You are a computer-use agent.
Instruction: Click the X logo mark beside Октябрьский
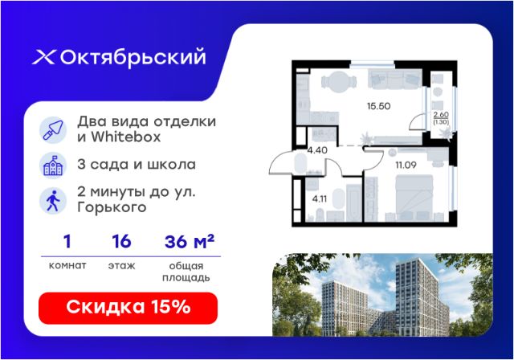(43, 57)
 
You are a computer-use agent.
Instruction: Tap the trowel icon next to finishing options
(53, 130)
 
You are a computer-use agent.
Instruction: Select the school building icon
(53, 166)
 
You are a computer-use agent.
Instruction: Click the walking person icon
(53, 201)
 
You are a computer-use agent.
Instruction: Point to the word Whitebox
(126, 137)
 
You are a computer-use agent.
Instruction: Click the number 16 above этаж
(121, 242)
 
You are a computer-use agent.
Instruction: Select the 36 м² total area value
(190, 242)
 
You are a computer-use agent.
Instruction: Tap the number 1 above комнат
(67, 242)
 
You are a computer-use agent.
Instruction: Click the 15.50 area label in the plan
(378, 106)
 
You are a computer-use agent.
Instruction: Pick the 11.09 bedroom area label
(406, 165)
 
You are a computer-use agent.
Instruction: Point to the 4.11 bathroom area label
(320, 199)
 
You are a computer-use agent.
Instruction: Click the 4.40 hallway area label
(317, 150)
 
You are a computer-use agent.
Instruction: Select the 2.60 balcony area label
(441, 115)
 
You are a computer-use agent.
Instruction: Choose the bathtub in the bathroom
(353, 202)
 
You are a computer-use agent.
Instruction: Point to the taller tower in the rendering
(420, 297)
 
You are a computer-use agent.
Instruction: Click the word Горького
(112, 208)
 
